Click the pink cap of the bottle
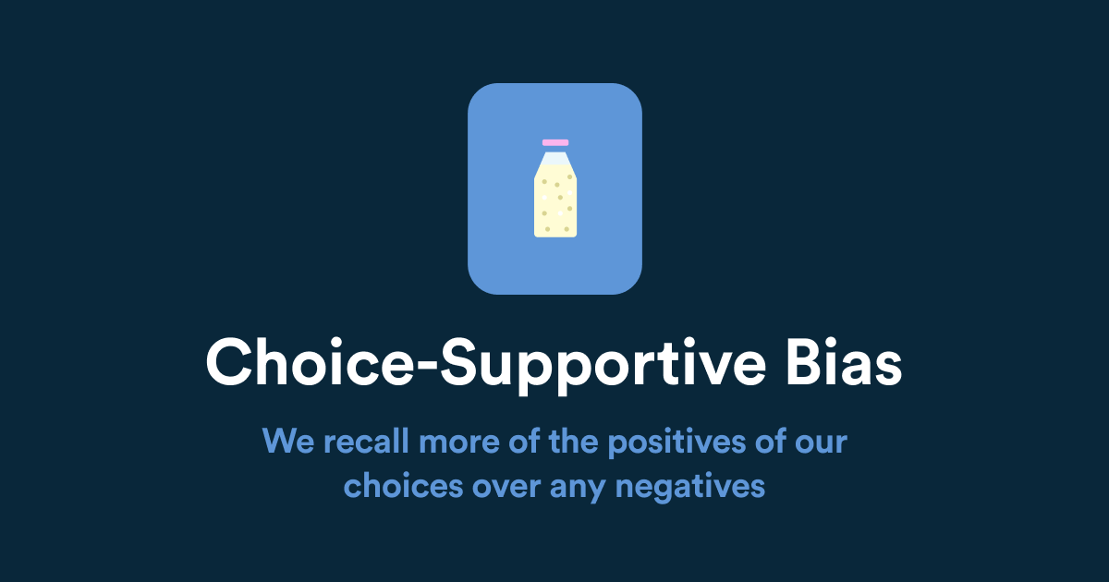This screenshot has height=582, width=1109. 555,142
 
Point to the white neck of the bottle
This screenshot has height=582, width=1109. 555,159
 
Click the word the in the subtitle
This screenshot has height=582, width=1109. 571,441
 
